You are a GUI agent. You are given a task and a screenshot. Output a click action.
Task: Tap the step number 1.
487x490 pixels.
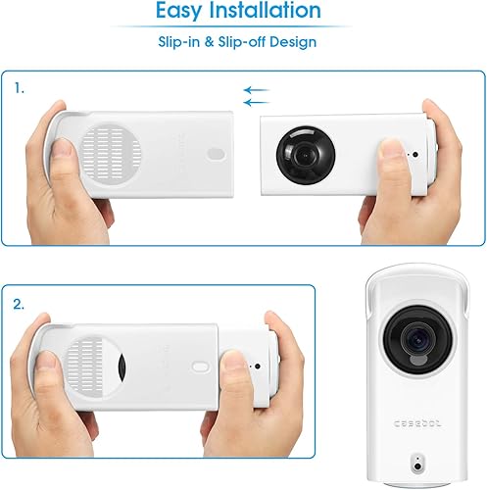(x=19, y=88)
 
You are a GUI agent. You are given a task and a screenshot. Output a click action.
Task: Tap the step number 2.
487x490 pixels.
(x=20, y=304)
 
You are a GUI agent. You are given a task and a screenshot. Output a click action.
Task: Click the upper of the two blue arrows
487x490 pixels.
(x=256, y=89)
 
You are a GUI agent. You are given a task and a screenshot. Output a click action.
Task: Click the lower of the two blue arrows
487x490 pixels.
(x=256, y=101)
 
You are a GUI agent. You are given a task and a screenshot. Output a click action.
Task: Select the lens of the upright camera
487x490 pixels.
(x=416, y=340)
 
